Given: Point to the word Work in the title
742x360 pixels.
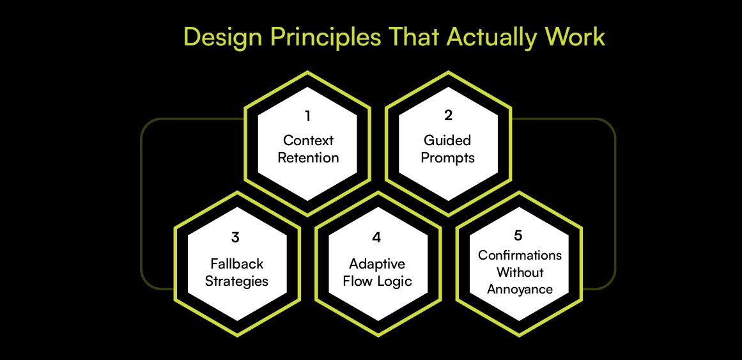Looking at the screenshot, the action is [572, 37].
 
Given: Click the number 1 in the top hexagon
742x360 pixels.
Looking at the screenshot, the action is [308, 116].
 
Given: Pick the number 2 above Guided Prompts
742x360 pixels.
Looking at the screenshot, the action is [447, 116].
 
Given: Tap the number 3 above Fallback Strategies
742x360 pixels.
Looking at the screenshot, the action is [236, 237].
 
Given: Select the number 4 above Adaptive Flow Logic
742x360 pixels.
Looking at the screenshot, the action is [376, 237].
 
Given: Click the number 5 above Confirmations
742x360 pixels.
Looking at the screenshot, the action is [518, 235].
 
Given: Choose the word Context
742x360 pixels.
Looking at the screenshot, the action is [308, 140].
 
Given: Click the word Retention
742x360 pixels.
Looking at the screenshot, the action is [308, 158].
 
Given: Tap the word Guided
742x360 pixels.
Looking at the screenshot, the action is [447, 140].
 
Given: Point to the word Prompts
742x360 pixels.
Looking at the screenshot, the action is [447, 158].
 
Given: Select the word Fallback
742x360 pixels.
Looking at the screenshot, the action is [236, 263].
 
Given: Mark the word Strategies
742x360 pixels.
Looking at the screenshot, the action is [236, 281].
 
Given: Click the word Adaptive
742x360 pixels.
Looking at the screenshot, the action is [377, 263].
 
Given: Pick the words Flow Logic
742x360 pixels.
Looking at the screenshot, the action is [377, 281].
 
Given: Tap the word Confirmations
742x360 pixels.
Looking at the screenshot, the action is [520, 255].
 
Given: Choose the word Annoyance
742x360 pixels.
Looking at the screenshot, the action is [520, 290].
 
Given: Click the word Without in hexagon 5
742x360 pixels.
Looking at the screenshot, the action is [520, 272].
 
